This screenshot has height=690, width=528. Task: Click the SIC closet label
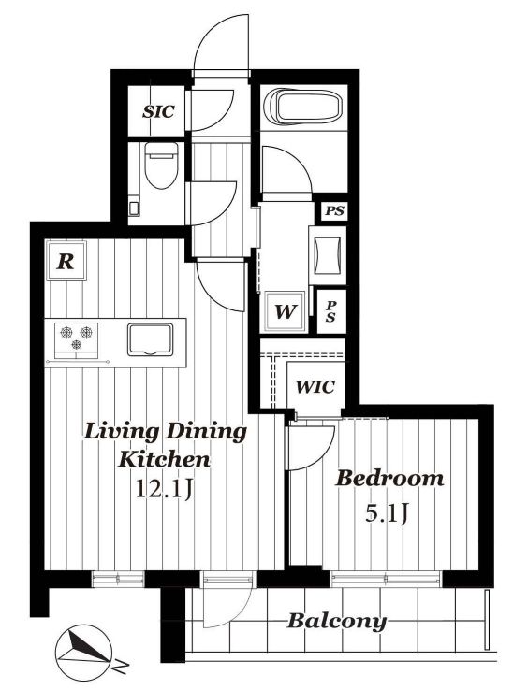tap(158, 112)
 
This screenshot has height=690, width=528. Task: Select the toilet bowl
tap(161, 165)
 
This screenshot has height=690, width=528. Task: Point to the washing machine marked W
tap(286, 311)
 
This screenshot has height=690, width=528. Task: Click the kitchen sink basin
tap(151, 339)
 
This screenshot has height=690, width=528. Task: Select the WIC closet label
tap(315, 387)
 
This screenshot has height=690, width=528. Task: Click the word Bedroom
tap(389, 479)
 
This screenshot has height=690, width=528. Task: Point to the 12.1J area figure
tap(165, 488)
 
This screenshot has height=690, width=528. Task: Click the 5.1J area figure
tap(386, 512)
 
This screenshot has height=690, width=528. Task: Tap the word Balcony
tap(337, 622)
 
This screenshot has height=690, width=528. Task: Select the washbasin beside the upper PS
tap(327, 255)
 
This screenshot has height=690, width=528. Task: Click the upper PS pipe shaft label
tap(334, 210)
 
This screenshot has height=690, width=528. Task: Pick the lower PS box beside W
tap(330, 311)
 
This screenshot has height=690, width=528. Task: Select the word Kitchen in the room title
tap(164, 459)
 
